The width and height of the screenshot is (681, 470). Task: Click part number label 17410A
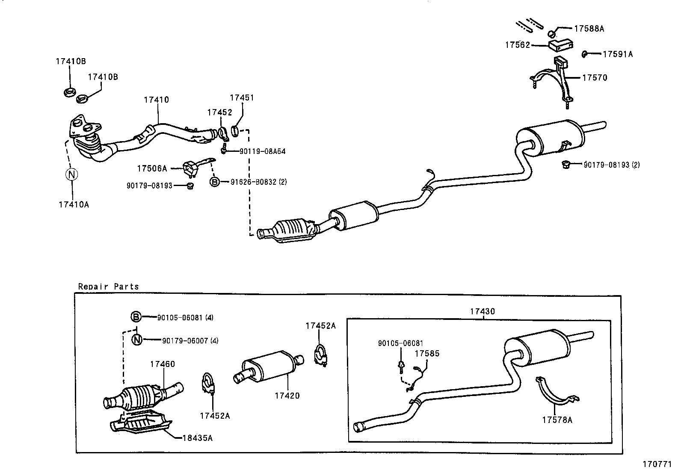click(74, 204)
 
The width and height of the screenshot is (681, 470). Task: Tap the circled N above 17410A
click(71, 174)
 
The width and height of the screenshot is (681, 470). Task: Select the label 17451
click(242, 98)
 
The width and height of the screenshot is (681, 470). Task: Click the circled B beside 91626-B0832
click(214, 182)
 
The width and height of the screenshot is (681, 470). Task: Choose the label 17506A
click(152, 168)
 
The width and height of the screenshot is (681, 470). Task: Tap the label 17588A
click(589, 29)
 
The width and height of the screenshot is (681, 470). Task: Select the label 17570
click(595, 78)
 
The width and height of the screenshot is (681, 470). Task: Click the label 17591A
click(617, 54)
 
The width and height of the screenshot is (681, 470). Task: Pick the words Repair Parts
click(108, 287)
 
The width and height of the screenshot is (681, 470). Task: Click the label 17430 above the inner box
click(482, 311)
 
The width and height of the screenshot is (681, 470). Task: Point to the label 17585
click(427, 354)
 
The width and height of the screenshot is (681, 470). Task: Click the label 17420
click(287, 396)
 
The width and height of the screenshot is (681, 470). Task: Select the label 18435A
click(197, 438)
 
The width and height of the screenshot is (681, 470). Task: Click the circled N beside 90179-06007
click(136, 340)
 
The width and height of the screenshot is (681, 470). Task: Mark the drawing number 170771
click(657, 464)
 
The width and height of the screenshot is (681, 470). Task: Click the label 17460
click(162, 364)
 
